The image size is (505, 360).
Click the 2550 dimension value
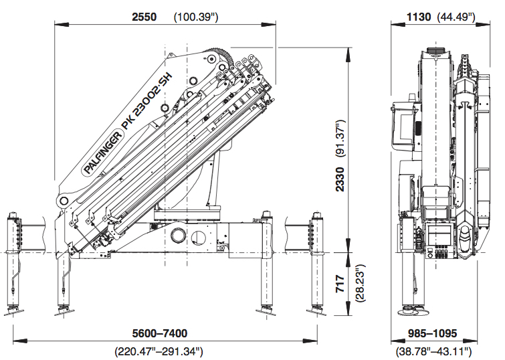[x=144, y=17]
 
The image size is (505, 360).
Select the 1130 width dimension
[x=418, y=17]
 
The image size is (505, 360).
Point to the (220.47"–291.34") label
[x=161, y=351]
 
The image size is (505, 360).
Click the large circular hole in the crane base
[x=180, y=236]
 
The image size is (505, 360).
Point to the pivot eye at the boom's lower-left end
[x=64, y=200]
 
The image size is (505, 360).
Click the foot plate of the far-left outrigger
[x=14, y=311]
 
